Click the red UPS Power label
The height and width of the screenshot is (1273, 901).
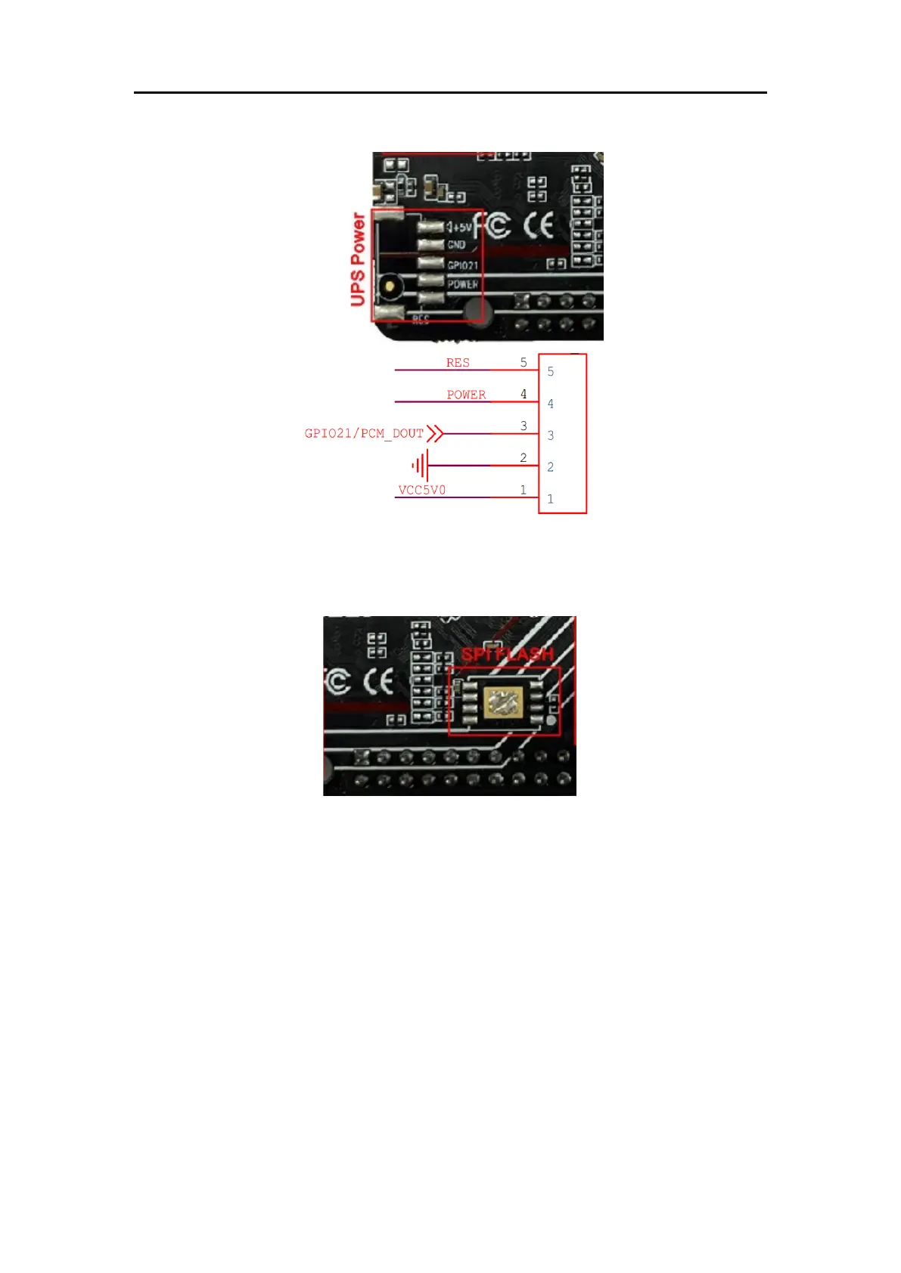pos(358,259)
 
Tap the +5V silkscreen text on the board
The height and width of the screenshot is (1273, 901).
pos(460,227)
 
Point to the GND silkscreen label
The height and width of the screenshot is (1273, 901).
pos(456,245)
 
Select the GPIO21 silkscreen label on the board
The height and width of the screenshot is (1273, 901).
pos(462,265)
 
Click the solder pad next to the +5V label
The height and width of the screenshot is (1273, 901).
pos(430,227)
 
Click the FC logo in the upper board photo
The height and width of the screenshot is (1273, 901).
pos(492,225)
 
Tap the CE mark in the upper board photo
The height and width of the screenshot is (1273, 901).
pos(539,225)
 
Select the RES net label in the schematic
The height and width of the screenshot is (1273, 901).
pos(458,363)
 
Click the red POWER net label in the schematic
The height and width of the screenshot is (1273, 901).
pos(466,395)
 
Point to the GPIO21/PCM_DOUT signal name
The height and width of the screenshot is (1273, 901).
pos(364,433)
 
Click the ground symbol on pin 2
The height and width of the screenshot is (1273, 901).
pos(421,465)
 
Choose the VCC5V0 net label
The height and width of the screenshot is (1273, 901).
pos(422,490)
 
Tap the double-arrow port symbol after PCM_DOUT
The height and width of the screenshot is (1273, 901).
pos(434,433)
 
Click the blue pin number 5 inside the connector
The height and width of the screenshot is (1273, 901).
pos(551,372)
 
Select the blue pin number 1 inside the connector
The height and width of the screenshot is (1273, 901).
pos(551,499)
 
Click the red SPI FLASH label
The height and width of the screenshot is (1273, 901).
pos(508,655)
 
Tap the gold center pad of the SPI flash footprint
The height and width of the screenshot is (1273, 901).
pos(502,702)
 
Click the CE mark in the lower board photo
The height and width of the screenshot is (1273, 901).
pos(378,682)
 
